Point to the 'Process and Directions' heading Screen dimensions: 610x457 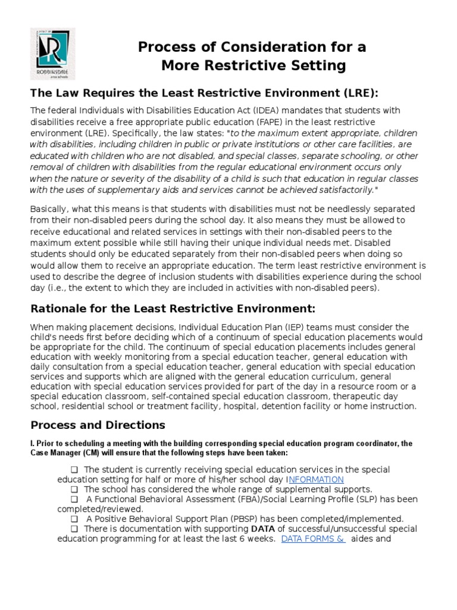(98, 425)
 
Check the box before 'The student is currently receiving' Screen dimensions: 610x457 (74, 470)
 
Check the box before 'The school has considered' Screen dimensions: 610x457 (74, 490)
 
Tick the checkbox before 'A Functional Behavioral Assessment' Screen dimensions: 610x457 (74, 499)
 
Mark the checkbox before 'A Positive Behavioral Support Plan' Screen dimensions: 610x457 (74, 519)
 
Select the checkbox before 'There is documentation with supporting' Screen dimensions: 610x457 (74, 529)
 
